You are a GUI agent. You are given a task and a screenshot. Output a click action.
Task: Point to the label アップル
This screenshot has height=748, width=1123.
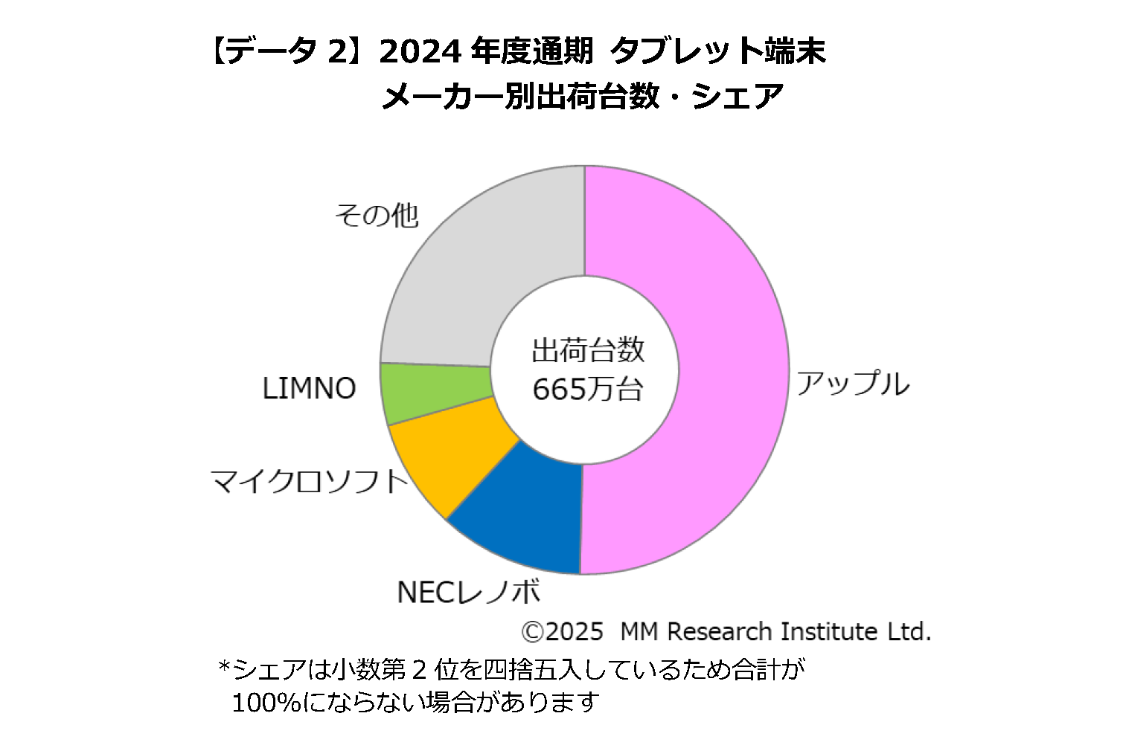point(853,384)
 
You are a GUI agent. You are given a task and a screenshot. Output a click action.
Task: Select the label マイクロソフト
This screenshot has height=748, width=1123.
point(310,482)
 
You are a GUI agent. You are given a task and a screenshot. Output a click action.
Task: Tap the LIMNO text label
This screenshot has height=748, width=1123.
point(309,389)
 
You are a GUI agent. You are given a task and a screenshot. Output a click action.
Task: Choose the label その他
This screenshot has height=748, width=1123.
point(377,216)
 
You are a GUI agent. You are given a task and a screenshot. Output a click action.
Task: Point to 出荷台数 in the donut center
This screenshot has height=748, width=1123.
point(587,350)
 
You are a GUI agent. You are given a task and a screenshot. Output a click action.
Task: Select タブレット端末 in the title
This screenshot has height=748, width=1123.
point(718,52)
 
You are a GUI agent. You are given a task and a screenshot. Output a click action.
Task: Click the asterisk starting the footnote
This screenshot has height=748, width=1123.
point(223,667)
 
